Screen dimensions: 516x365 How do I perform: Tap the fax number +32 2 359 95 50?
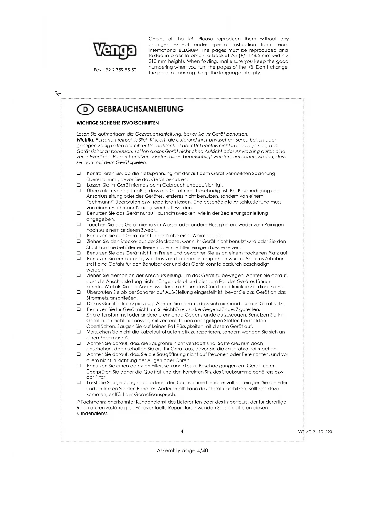coord(115,70)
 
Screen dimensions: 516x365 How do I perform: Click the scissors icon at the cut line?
coord(57,94)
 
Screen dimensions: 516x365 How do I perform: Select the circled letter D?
coord(85,110)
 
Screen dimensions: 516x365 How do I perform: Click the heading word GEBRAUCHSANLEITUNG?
coord(140,109)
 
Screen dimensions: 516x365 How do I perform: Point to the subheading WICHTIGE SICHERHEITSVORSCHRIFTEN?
coord(118,123)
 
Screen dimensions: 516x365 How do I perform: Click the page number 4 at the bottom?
coord(182,432)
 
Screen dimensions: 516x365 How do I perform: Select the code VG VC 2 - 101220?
coord(315,432)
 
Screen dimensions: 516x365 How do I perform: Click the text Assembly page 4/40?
coord(182,450)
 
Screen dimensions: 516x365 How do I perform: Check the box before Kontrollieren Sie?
coord(79,174)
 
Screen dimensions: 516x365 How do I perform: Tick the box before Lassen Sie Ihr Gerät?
coord(79,185)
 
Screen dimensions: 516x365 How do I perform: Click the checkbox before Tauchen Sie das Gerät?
coord(79,224)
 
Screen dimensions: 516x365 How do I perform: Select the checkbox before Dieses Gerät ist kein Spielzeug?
coord(79,304)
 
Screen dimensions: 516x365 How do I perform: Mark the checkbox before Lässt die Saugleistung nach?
coord(79,383)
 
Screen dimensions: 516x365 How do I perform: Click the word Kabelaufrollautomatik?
coord(166,332)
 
